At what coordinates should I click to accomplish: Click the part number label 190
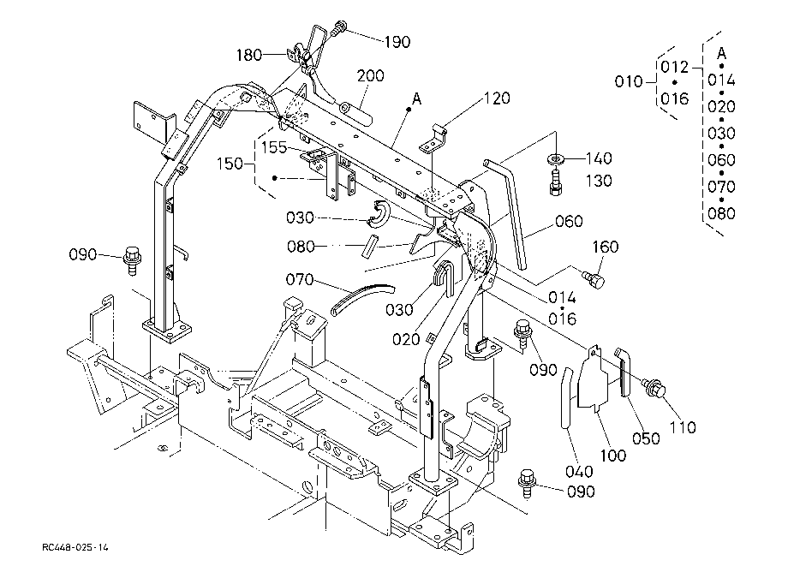(x=397, y=42)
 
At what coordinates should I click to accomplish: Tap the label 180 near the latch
(x=248, y=55)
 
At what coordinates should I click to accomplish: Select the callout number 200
(x=370, y=76)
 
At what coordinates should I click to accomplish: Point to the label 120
(x=497, y=98)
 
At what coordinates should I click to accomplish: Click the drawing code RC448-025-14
(x=75, y=547)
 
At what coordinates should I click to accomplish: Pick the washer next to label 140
(x=556, y=159)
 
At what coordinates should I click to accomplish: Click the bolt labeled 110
(x=654, y=387)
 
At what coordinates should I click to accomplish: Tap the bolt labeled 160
(x=594, y=279)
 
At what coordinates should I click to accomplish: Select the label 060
(x=569, y=221)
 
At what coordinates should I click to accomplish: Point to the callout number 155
(x=274, y=147)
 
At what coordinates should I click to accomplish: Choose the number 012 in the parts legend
(x=674, y=67)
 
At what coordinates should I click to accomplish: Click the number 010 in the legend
(x=629, y=81)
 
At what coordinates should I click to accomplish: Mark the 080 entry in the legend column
(x=721, y=213)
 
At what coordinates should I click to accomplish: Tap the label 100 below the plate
(x=613, y=456)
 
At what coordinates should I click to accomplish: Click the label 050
(x=646, y=438)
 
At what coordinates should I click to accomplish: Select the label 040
(x=579, y=472)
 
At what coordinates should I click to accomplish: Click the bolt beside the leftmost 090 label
(x=132, y=260)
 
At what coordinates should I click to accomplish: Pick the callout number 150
(x=230, y=164)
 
